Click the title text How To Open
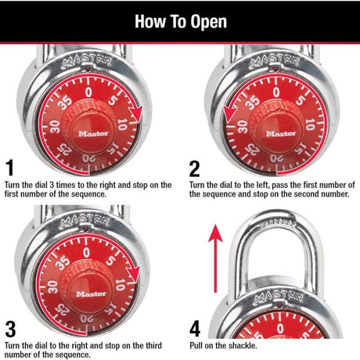pyautogui.click(x=180, y=21)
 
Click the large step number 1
pyautogui.click(x=10, y=168)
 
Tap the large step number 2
pyautogui.click(x=196, y=168)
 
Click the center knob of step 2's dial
pyautogui.click(x=274, y=131)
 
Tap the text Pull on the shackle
pyautogui.click(x=223, y=345)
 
